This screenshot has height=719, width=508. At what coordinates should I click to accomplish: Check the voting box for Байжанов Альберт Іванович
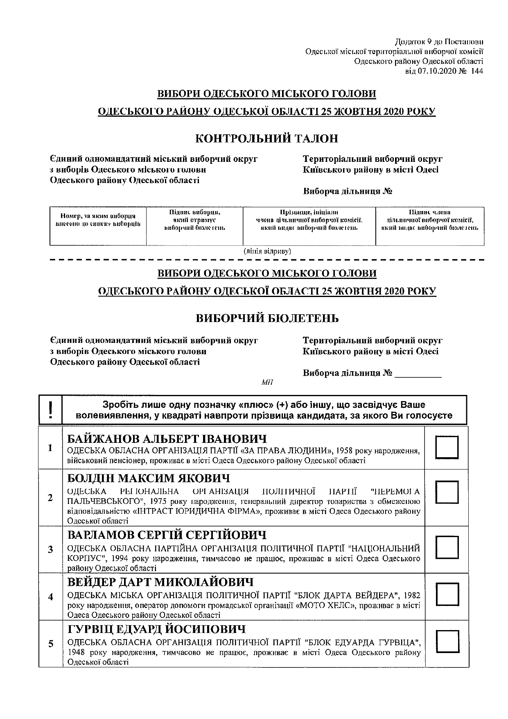(446, 447)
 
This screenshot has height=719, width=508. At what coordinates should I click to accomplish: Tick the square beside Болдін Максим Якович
(446, 492)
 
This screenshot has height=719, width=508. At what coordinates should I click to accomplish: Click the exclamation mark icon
(50, 409)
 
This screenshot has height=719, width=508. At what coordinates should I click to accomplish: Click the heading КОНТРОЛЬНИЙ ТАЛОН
(267, 138)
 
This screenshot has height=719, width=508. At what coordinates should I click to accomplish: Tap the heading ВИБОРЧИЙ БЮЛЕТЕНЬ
(267, 318)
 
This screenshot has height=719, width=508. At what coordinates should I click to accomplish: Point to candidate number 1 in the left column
(50, 447)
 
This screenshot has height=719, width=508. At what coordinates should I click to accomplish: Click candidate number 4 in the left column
(50, 597)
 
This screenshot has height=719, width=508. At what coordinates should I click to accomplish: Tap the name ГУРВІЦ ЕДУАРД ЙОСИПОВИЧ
(156, 629)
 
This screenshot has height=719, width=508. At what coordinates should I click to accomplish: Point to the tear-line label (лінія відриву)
(267, 251)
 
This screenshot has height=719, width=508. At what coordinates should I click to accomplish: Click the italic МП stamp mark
(267, 382)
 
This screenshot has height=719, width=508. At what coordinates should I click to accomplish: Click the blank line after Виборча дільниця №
(418, 374)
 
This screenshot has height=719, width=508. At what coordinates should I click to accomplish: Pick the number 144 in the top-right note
(477, 71)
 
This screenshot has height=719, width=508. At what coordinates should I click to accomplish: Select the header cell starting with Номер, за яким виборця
(98, 220)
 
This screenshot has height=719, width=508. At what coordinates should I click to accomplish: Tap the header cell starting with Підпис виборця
(194, 220)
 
